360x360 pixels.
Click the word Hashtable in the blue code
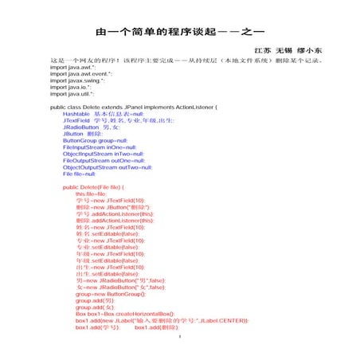76,113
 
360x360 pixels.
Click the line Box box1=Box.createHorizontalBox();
126,314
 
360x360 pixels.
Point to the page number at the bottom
180,337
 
